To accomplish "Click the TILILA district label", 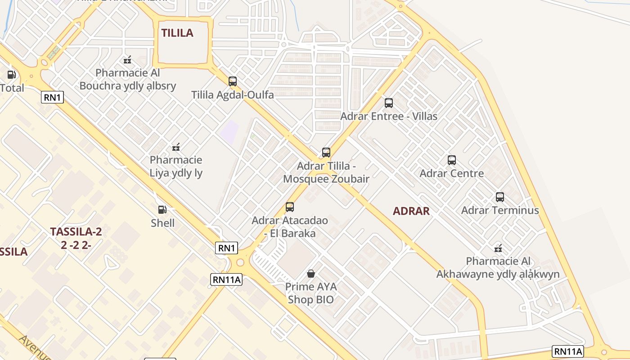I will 177,33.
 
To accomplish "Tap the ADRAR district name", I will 411,211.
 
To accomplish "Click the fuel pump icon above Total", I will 12,75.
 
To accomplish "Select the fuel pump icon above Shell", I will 162,209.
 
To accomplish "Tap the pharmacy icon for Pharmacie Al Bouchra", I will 127,59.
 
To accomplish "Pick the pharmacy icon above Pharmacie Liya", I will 176,147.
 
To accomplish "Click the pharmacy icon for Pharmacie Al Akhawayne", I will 498,248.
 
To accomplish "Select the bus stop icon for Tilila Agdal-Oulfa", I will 232,81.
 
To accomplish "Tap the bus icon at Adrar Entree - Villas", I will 388,103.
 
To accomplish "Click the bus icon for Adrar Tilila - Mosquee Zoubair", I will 326,153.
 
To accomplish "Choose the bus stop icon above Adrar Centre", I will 451,160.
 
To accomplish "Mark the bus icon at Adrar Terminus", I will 499,197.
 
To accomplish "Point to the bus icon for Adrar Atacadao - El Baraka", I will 290,207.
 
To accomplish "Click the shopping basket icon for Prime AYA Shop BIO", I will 310,273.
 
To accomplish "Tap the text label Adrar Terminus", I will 499,210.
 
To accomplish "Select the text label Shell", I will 162,223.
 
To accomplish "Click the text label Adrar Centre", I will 451,173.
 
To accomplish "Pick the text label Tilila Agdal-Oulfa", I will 232,95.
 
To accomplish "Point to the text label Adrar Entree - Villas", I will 388,116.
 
